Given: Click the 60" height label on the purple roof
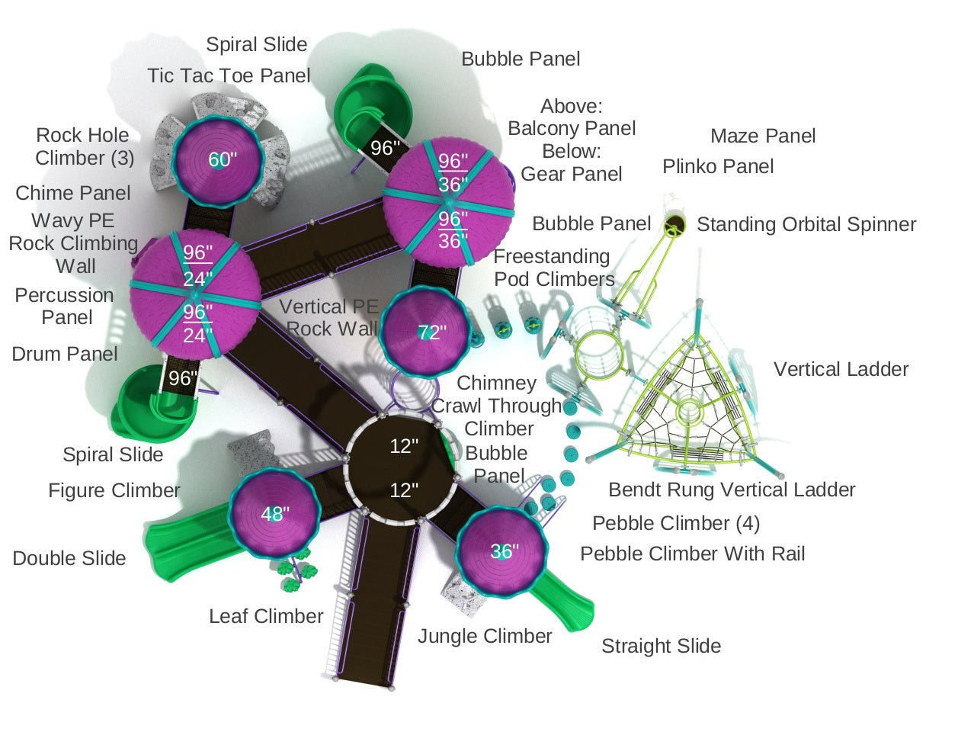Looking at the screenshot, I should pyautogui.click(x=223, y=160).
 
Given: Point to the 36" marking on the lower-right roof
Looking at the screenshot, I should pyautogui.click(x=504, y=551).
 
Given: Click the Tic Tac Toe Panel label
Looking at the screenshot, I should pyautogui.click(x=229, y=76).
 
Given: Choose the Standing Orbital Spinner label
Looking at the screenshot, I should pyautogui.click(x=806, y=225).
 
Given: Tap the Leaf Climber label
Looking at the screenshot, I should pyautogui.click(x=266, y=616).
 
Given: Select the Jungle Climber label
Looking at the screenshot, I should pyautogui.click(x=485, y=636).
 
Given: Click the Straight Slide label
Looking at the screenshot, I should pyautogui.click(x=661, y=647).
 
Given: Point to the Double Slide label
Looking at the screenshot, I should pyautogui.click(x=69, y=559).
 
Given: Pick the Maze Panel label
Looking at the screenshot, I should pyautogui.click(x=763, y=136).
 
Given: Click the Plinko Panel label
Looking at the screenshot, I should pyautogui.click(x=718, y=167).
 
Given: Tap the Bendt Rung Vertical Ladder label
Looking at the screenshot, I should pyautogui.click(x=732, y=490).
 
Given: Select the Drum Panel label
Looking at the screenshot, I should pyautogui.click(x=65, y=354).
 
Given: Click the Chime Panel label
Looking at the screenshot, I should pyautogui.click(x=73, y=194).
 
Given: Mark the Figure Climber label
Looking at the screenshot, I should pyautogui.click(x=114, y=490).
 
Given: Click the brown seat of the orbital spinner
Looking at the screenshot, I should pyautogui.click(x=674, y=224).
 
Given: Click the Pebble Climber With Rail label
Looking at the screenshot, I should pyautogui.click(x=692, y=554).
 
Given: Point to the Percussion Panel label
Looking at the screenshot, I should pyautogui.click(x=65, y=306).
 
